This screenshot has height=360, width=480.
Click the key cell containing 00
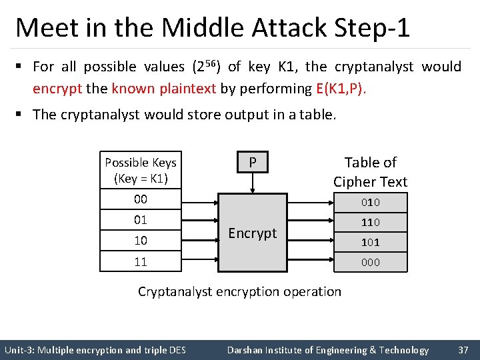[x=141, y=199]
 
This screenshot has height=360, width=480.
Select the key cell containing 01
[x=141, y=220]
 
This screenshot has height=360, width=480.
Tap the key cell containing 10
[x=141, y=240]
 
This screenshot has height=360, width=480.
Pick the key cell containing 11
[x=141, y=261]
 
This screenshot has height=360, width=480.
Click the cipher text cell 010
[x=371, y=202]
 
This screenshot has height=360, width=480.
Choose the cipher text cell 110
[x=371, y=222]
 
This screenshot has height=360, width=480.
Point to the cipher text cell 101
[x=371, y=242]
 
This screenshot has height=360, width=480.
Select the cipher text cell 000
[x=371, y=262]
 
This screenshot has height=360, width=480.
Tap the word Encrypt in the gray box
[x=252, y=233]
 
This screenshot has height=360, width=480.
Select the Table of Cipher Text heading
[x=371, y=171]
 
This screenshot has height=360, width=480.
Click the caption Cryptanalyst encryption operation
[x=239, y=291]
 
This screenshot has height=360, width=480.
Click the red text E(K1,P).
[x=341, y=89]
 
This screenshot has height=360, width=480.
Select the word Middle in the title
[x=203, y=28]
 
